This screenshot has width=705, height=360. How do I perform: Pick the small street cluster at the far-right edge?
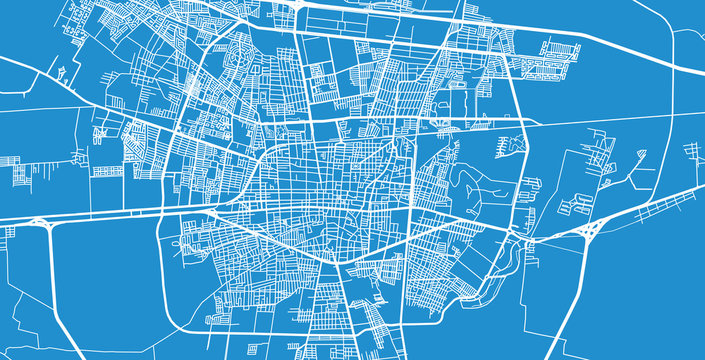[693, 152]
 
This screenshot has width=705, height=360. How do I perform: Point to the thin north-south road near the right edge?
[671, 200]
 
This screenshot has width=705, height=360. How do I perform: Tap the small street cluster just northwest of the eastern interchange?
[575, 205]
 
